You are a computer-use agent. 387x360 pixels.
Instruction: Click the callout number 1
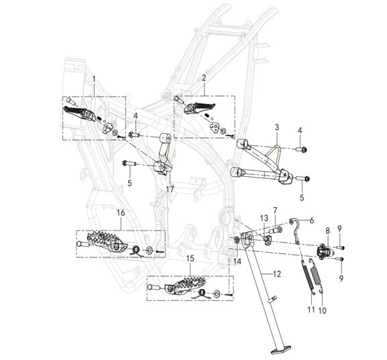(x=94, y=79)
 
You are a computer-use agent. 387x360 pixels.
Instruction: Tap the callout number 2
(x=204, y=78)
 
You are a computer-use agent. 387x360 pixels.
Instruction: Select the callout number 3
(x=277, y=127)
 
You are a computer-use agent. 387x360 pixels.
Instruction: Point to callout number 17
(x=170, y=189)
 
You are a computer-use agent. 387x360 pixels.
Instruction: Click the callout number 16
(x=121, y=213)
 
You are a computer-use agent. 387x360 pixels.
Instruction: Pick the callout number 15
(x=190, y=258)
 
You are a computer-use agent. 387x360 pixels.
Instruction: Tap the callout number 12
(x=277, y=274)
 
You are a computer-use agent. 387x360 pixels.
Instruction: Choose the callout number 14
(x=237, y=261)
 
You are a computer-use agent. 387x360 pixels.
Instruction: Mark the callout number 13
(x=264, y=218)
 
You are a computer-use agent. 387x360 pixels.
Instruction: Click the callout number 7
(x=275, y=211)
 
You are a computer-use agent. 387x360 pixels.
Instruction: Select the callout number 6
(x=312, y=221)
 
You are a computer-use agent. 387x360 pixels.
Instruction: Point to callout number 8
(x=327, y=231)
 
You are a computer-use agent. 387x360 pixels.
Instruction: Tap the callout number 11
(x=311, y=309)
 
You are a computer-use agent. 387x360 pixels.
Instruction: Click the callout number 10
(x=323, y=310)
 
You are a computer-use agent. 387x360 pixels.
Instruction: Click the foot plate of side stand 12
(x=281, y=349)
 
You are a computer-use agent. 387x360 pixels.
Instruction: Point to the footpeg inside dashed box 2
(x=199, y=108)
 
